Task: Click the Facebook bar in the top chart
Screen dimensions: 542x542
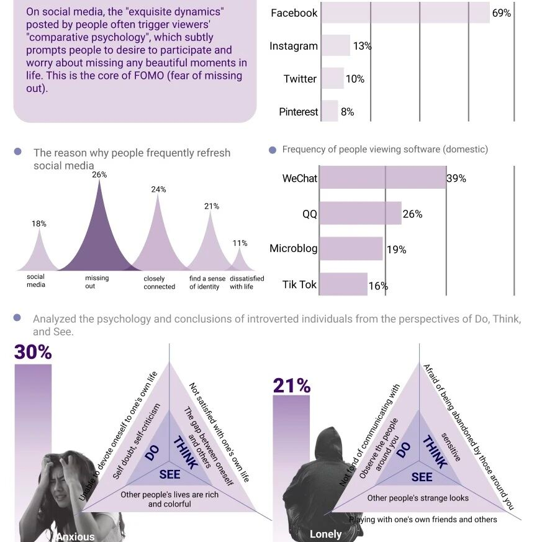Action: tap(405, 13)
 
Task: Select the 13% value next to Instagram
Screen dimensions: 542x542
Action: tap(362, 45)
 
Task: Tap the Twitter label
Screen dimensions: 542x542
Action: tap(300, 79)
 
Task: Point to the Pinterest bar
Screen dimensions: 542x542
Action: tap(330, 111)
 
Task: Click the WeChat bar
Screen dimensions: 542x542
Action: tap(382, 178)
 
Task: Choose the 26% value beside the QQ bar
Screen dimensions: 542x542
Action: tap(412, 214)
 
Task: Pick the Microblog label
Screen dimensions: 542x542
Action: tap(293, 248)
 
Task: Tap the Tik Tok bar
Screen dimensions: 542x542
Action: tap(343, 284)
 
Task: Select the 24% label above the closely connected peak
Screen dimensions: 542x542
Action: tap(158, 189)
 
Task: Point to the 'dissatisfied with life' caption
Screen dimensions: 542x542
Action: tap(246, 282)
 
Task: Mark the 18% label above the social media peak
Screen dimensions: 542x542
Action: tap(38, 224)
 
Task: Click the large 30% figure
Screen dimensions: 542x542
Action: tap(33, 352)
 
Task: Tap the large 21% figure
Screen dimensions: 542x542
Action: tap(291, 385)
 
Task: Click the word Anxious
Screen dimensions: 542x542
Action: tap(75, 536)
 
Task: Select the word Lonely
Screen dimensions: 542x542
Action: tap(325, 534)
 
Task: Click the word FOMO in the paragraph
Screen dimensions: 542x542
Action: tap(148, 75)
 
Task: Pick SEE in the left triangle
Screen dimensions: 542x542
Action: tap(169, 474)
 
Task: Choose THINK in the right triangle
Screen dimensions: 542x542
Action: tap(435, 451)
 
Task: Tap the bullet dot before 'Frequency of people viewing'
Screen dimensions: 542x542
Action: tap(273, 150)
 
